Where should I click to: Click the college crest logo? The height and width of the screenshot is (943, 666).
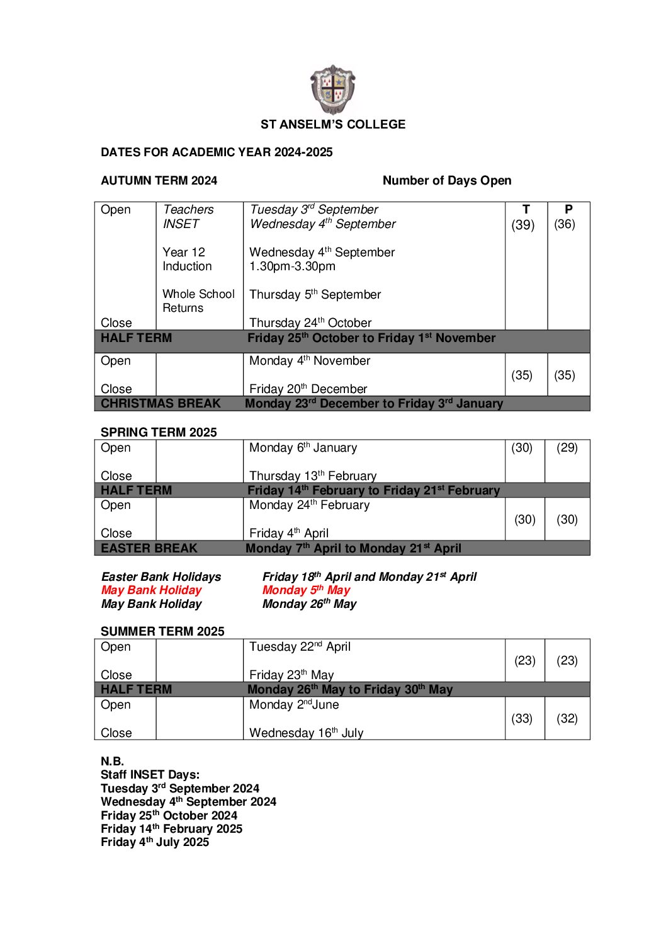pos(333,89)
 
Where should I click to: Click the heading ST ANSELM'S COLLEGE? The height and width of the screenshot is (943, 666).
pos(333,124)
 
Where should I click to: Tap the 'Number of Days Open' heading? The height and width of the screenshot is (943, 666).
pos(447,180)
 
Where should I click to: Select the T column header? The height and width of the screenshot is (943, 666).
pos(526,210)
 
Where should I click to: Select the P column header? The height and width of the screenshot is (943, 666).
pos(568,210)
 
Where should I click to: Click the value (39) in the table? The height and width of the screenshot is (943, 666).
pos(522,224)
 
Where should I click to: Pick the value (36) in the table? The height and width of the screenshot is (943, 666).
pos(565,224)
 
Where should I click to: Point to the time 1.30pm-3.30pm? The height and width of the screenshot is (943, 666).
pos(292,266)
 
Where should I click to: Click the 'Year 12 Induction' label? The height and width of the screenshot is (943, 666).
pos(187,259)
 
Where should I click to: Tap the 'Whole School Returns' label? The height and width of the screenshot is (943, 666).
pos(198,301)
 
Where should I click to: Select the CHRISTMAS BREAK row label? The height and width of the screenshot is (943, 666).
pos(161,403)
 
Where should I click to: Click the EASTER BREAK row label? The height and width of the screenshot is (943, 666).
pos(149,548)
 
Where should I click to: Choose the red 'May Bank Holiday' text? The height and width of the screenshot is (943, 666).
pos(151,590)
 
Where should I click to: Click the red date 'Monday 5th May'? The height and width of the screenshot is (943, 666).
pos(306,590)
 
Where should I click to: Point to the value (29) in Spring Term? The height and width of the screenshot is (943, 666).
pos(567,448)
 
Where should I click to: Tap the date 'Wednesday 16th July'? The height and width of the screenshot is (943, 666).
pos(306,733)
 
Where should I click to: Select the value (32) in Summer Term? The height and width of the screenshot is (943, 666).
pos(567,718)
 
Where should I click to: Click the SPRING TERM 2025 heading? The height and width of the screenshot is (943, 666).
pos(159,432)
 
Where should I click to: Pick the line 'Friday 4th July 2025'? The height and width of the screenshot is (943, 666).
pos(155,842)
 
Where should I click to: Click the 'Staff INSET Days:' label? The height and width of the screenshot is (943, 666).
pos(150,775)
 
